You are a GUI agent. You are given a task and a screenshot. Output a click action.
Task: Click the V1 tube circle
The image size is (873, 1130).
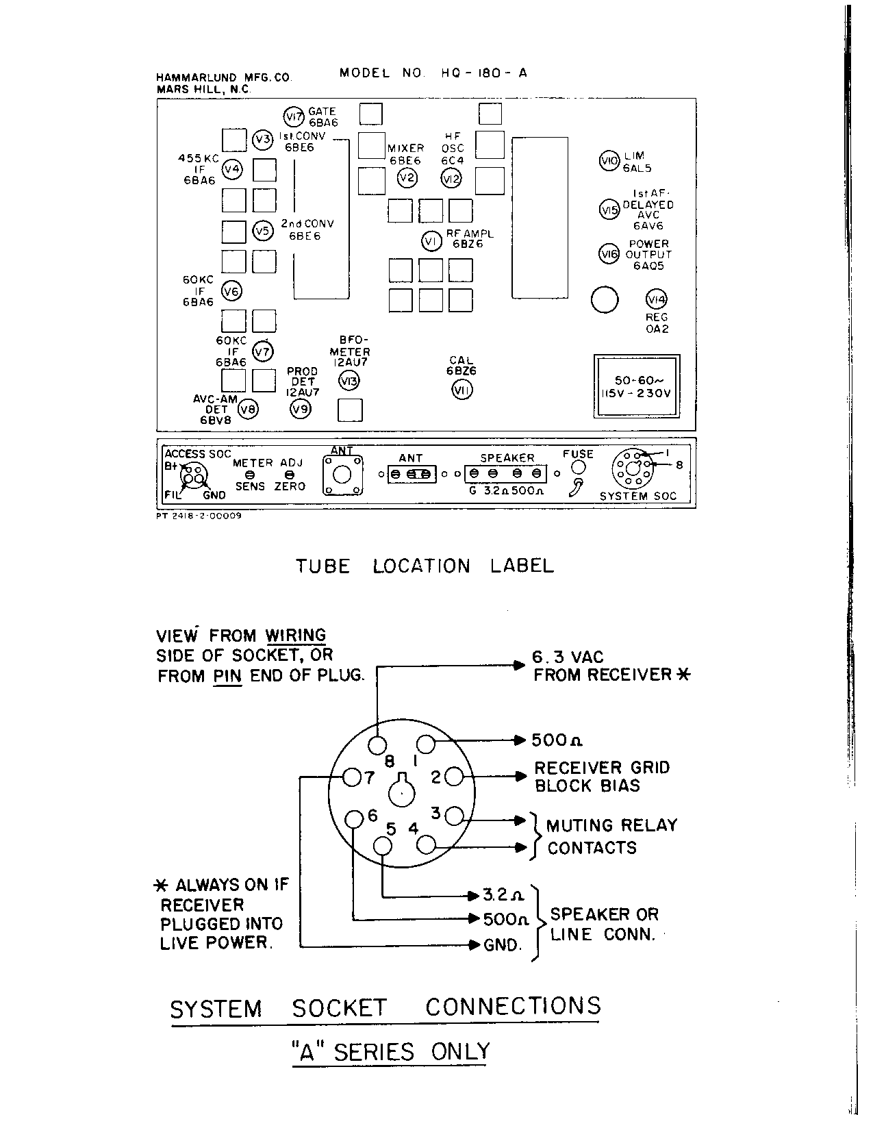(431, 241)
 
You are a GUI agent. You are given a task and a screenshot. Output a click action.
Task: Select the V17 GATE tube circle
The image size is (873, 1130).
(294, 116)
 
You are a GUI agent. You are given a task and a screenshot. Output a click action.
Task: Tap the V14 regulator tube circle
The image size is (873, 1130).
(657, 299)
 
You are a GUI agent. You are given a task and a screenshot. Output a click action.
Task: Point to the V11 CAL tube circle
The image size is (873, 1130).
(463, 390)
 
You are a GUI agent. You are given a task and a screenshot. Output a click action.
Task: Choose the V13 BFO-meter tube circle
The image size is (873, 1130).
(349, 381)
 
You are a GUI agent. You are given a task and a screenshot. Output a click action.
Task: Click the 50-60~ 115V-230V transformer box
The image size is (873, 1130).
(636, 386)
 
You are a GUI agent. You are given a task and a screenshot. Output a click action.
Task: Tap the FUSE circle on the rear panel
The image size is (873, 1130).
(578, 467)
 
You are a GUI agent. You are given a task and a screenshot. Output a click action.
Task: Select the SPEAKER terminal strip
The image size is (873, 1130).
(507, 473)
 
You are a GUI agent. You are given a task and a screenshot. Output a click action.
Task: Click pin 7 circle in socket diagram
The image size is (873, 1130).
(352, 777)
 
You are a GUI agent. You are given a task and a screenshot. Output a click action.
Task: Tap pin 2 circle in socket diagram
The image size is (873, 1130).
(454, 777)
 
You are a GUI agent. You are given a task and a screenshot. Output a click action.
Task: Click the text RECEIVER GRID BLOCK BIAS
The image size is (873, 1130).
(602, 777)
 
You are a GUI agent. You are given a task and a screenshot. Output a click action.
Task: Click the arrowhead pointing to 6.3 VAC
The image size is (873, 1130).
(520, 664)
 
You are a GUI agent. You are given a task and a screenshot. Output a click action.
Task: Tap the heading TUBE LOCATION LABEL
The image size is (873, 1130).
(425, 566)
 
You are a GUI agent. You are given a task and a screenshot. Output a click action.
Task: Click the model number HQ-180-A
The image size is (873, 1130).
(484, 73)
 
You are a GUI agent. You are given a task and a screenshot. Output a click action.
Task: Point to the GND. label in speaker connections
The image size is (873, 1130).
(503, 945)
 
